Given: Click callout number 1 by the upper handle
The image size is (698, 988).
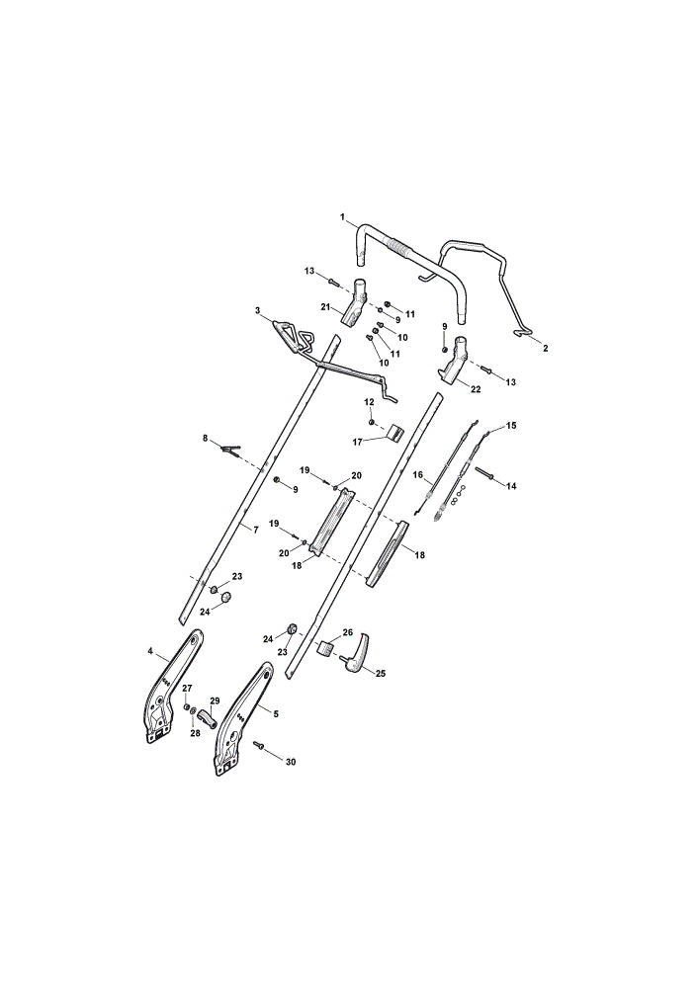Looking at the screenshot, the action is (x=343, y=216).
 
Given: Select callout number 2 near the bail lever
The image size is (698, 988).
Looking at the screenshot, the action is (x=546, y=348).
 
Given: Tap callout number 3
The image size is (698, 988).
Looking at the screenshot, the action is (x=257, y=310).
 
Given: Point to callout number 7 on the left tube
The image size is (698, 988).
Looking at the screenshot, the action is (x=256, y=530).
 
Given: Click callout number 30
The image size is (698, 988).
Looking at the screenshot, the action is (x=291, y=762).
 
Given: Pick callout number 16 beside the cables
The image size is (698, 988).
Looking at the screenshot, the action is (x=417, y=474).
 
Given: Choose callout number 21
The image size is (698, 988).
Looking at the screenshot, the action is (x=325, y=307).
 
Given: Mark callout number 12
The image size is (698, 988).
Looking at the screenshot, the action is (x=370, y=401).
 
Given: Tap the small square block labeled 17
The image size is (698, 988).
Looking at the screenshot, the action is (x=395, y=433).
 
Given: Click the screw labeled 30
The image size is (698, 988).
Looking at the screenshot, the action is (x=258, y=745).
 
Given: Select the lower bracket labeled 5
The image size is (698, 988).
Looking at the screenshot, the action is (x=243, y=719).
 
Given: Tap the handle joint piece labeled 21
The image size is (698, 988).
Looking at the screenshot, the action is (x=355, y=302).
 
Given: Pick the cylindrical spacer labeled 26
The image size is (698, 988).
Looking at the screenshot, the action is (x=325, y=648).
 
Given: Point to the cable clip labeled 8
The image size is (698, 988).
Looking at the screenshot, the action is (x=230, y=450).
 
